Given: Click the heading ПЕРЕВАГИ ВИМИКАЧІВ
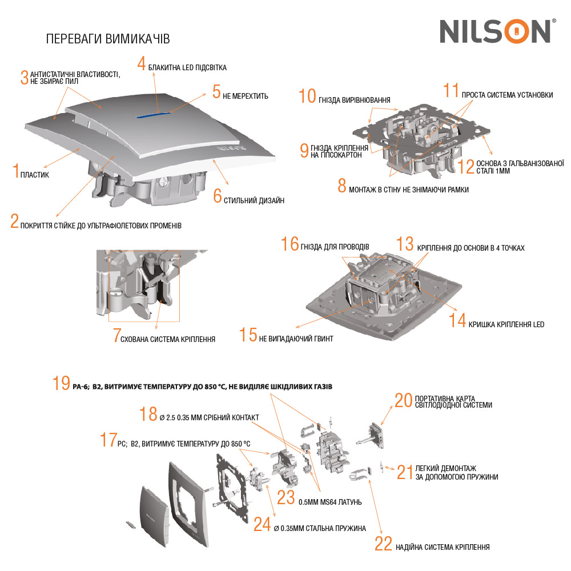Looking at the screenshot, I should [x=107, y=38].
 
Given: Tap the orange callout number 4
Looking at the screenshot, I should [x=142, y=63].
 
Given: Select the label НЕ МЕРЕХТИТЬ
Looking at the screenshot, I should [x=246, y=96].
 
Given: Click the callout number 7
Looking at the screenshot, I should [x=116, y=335].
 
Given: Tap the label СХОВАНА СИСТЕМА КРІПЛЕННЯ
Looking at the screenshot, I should [x=168, y=339].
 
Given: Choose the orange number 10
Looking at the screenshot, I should [x=307, y=96].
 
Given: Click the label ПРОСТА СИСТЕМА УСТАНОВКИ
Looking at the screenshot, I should [x=507, y=95].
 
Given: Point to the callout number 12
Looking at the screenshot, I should [x=465, y=166].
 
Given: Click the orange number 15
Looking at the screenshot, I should [x=248, y=335].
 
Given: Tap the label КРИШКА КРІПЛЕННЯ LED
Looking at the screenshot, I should [x=506, y=324].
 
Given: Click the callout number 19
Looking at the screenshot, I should [x=61, y=383].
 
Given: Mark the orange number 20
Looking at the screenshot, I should [x=403, y=400].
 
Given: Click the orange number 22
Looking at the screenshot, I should [x=383, y=544].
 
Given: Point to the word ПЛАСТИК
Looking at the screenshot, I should [x=35, y=174].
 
